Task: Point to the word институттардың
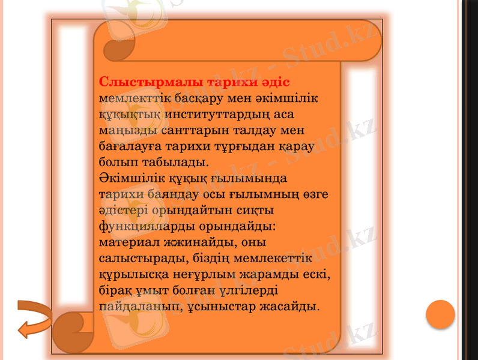point(210,114)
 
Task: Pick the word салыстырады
point(142,259)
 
